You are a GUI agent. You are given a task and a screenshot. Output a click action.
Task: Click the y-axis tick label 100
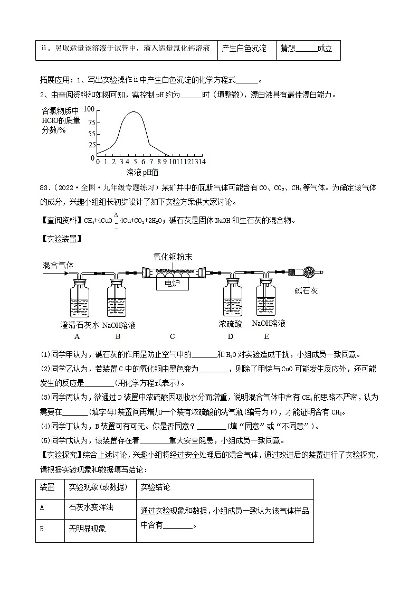pyautogui.click(x=88, y=109)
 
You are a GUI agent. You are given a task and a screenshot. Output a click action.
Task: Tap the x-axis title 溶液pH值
pyautogui.click(x=142, y=172)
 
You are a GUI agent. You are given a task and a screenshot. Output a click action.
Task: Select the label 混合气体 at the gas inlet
pyautogui.click(x=58, y=266)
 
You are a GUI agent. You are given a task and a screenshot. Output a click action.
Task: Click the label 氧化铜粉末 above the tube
pyautogui.click(x=173, y=257)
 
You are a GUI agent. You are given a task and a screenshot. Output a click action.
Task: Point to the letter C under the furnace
pyautogui.click(x=173, y=336)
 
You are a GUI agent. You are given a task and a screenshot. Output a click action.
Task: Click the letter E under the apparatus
pyautogui.click(x=266, y=336)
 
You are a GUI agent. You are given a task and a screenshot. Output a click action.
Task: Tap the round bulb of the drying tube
pyautogui.click(x=311, y=273)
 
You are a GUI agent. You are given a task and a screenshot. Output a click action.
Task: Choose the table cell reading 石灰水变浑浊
pyautogui.click(x=91, y=507)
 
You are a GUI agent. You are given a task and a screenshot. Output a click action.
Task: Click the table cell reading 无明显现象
pyautogui.click(x=88, y=529)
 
